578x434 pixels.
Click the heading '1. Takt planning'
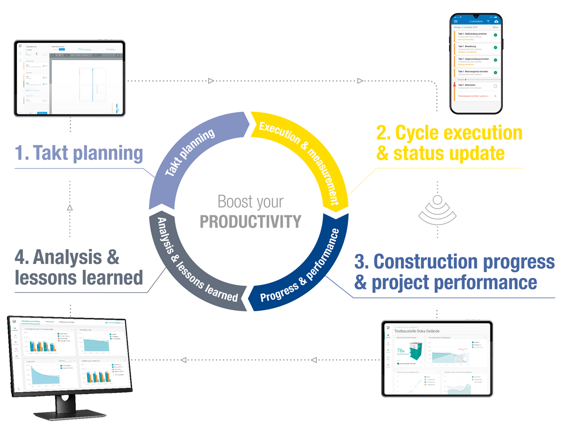79,153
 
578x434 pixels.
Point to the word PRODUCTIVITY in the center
250,222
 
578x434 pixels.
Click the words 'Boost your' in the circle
250,202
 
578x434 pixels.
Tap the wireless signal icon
437,210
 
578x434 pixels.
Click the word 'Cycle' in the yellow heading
424,133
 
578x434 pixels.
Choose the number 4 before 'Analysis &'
21,257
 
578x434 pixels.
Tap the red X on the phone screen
495,96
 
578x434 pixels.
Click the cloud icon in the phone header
496,21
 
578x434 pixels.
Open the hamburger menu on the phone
456,21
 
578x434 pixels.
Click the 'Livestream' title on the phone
475,21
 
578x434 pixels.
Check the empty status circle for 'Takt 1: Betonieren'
495,86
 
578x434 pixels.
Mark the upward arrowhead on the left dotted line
70,208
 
